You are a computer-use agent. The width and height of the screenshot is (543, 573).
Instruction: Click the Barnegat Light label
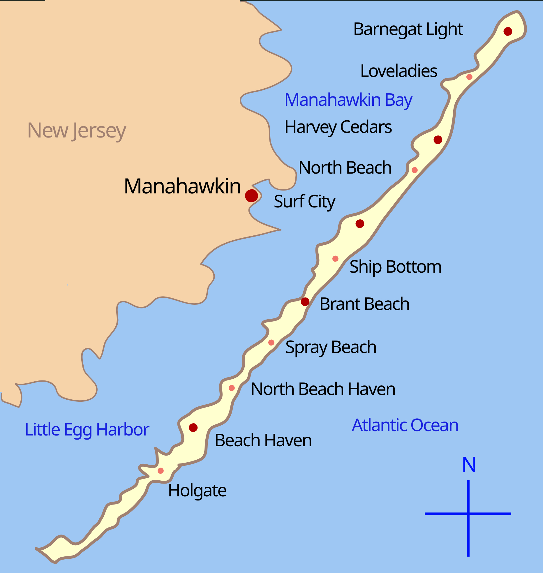coord(408,29)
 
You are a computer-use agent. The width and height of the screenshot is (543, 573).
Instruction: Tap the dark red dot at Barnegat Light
coord(508,31)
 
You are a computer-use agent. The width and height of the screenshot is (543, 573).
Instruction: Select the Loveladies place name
coord(399,71)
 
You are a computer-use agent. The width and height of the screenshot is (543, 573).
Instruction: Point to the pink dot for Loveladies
coord(469,77)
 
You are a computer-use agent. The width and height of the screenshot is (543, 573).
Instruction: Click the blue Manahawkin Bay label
coord(348,100)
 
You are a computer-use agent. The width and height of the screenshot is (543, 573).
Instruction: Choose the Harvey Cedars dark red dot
coord(438,140)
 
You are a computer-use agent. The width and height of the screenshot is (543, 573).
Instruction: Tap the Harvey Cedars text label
coord(338,127)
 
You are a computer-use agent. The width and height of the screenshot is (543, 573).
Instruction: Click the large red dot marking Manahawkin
coord(251,195)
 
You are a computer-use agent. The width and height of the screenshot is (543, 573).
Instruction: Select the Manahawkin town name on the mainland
coord(182,186)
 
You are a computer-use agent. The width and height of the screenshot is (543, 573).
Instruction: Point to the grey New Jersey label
coord(77,131)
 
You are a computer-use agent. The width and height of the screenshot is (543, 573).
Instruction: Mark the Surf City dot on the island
coord(360,224)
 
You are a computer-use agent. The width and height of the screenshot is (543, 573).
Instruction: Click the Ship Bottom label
coord(395,267)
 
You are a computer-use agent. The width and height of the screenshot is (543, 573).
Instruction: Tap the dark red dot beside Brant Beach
coord(305,302)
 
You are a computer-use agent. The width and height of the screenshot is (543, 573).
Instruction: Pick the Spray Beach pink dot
coord(271,343)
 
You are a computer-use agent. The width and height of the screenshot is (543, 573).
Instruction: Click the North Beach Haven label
coord(323,389)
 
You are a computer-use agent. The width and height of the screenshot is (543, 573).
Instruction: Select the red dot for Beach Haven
coord(193,428)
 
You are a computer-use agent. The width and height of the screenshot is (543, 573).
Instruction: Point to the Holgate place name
coord(197,491)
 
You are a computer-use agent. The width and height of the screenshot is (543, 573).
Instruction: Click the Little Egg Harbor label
coord(87,430)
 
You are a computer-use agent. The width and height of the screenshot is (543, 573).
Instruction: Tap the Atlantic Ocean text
coord(405,425)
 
